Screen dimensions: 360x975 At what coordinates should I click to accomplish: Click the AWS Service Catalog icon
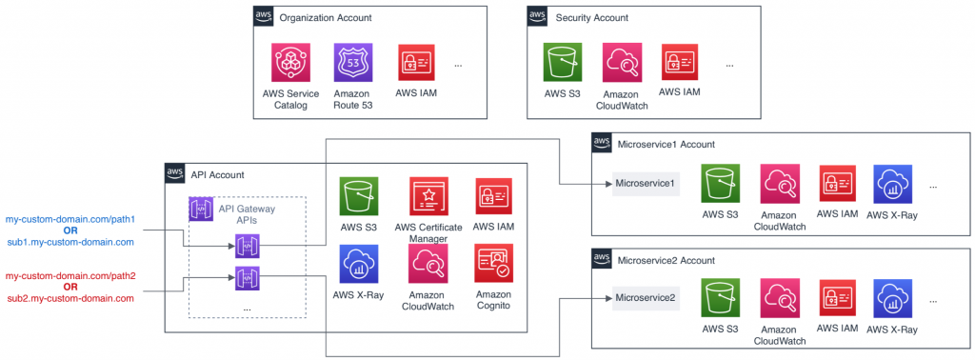tap(291, 63)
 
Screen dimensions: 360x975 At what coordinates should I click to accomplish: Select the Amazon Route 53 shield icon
tap(353, 63)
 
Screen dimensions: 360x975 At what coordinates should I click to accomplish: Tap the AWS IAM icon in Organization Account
tap(418, 63)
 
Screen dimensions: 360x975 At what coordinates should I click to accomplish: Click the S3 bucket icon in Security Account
tap(561, 63)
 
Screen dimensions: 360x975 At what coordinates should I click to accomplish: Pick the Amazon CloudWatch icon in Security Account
tap(622, 63)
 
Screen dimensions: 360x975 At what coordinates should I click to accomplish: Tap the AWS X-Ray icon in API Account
tap(358, 264)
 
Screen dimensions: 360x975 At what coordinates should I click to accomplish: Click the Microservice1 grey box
tap(646, 183)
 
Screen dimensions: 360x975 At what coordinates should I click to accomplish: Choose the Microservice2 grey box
tap(646, 298)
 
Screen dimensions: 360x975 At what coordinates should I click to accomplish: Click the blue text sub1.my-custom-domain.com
tap(70, 243)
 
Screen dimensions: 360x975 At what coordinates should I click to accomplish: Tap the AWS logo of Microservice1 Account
tap(602, 144)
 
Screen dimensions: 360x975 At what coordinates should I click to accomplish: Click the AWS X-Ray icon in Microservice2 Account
tap(891, 298)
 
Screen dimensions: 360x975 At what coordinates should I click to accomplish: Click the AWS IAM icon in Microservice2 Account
tap(837, 298)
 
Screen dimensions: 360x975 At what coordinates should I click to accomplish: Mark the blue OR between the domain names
tap(70, 230)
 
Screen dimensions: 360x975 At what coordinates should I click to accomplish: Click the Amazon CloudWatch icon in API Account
tap(428, 264)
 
